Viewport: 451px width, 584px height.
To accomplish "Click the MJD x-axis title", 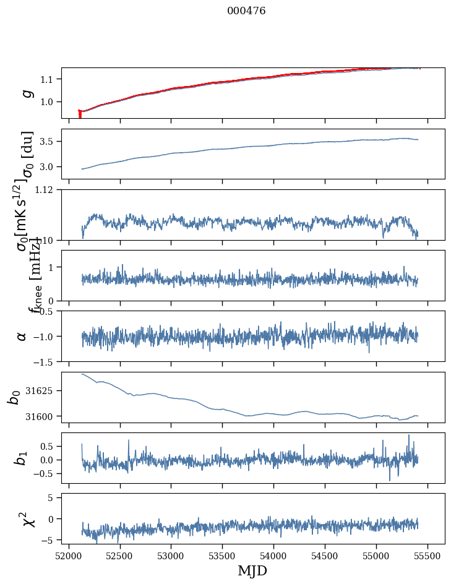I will (x=252, y=570).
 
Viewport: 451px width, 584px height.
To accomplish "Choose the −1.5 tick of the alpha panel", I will (x=45, y=361).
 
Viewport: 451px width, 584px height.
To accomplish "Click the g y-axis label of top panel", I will (x=26, y=93).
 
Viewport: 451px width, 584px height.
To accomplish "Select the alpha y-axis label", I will (x=22, y=336).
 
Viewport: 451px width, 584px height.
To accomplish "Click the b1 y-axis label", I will (x=22, y=458).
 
